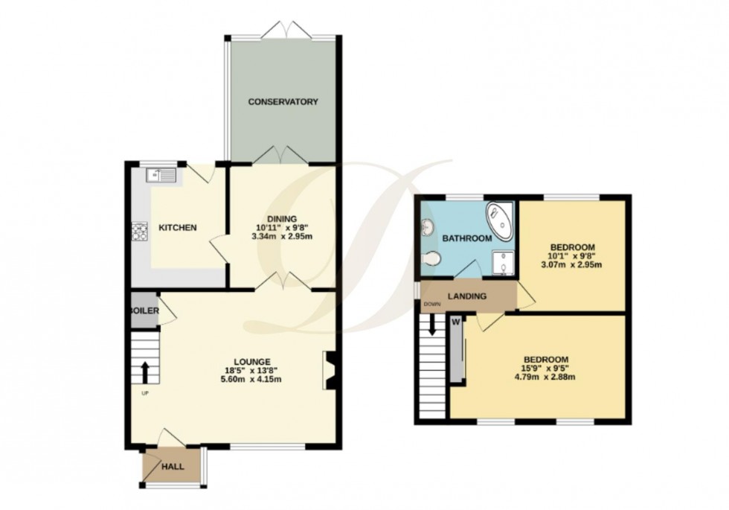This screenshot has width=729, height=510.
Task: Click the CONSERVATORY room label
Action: click(x=283, y=101)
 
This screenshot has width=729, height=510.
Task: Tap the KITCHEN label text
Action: click(x=177, y=227)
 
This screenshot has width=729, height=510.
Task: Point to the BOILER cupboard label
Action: click(x=144, y=310)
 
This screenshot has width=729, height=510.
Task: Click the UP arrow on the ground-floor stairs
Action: click(x=146, y=371)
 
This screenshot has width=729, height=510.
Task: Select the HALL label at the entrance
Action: click(x=173, y=467)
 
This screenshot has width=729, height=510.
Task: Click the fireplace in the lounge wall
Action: click(x=328, y=370)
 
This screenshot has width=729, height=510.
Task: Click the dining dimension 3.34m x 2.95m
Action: click(x=283, y=238)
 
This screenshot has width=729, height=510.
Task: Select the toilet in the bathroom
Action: click(x=430, y=258)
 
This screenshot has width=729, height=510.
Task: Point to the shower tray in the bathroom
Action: click(x=504, y=261)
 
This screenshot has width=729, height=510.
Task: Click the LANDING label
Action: click(x=466, y=296)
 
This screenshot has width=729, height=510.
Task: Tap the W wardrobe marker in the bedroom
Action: click(x=455, y=322)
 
